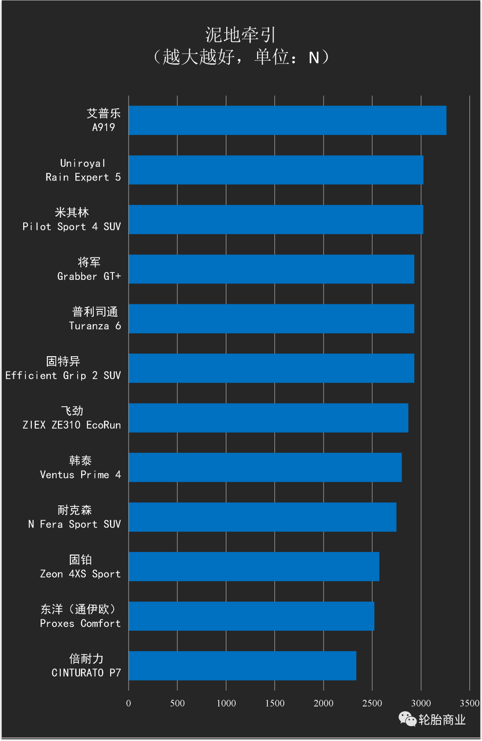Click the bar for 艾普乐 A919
point(287,120)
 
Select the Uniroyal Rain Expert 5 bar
point(276,170)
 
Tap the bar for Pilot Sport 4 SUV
point(276,219)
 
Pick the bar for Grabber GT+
point(271,269)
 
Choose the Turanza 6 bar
point(271,319)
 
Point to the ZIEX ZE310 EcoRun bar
point(268,418)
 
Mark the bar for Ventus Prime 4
point(265,467)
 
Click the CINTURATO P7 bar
point(242,665)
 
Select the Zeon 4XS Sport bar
point(254,566)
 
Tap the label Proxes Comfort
point(80,623)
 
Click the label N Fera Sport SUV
point(75,524)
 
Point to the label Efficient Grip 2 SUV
point(63,375)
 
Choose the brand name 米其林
point(72,212)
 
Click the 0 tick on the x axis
point(129,703)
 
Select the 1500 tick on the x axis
point(275,703)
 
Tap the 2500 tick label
point(372,703)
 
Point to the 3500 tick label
point(469,703)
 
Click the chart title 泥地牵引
point(241,35)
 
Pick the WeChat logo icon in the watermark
point(407,719)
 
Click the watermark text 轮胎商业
point(442,720)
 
